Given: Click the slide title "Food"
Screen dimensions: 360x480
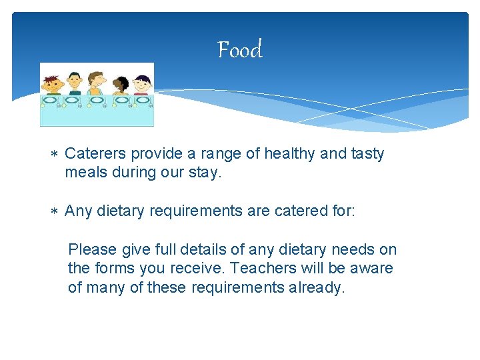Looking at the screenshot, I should click(x=240, y=50).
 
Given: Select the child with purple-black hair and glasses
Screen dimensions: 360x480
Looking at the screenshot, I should click(x=142, y=85).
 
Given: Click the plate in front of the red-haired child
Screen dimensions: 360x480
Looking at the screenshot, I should click(x=50, y=101).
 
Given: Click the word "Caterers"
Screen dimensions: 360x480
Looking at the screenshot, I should click(x=96, y=154).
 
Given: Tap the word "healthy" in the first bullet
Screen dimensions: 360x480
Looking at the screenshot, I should click(x=291, y=154).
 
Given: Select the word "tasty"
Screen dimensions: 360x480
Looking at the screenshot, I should click(x=366, y=154).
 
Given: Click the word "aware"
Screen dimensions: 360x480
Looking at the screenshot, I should click(x=373, y=269).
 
